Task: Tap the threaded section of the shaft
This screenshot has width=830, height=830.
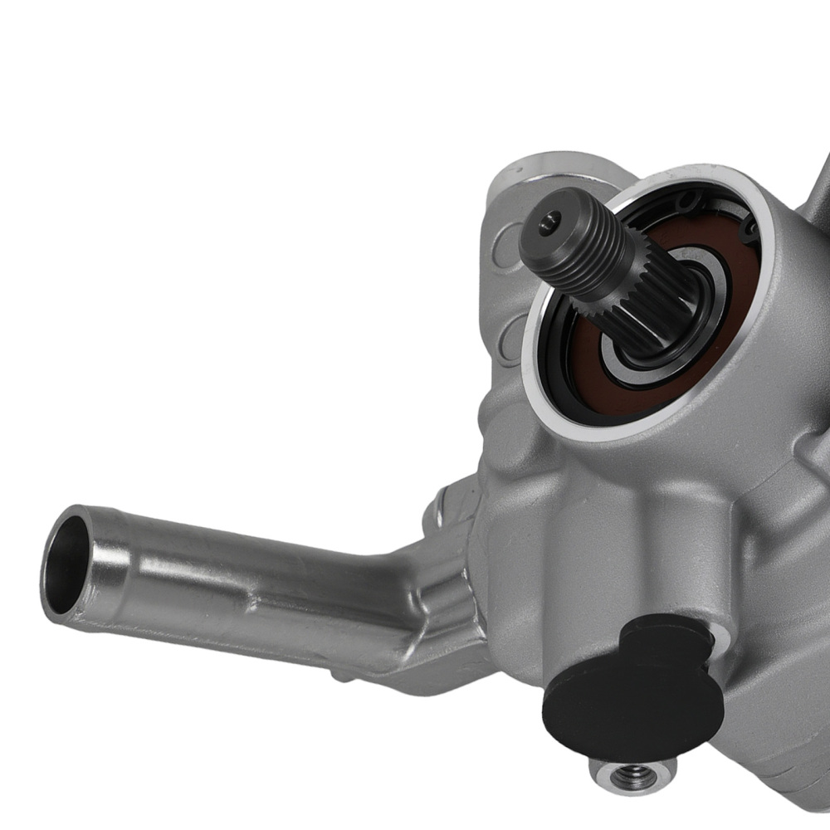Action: point(581,249)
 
